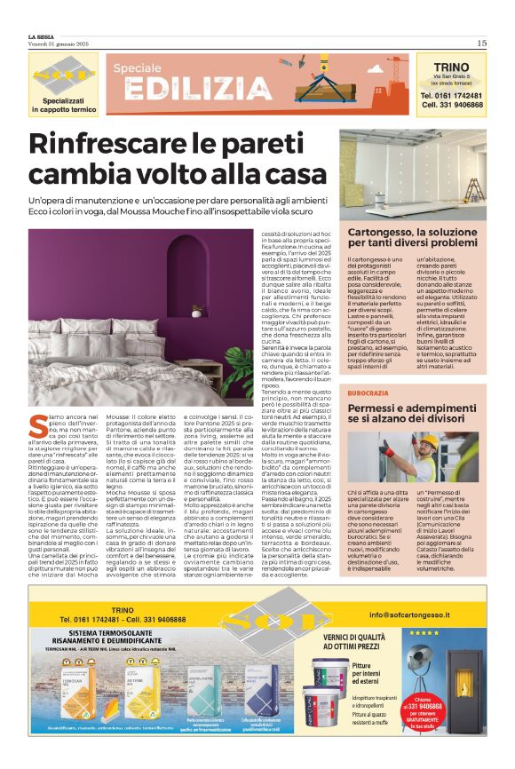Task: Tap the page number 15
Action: [x=481, y=42]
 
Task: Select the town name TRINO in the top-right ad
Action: [x=451, y=66]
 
